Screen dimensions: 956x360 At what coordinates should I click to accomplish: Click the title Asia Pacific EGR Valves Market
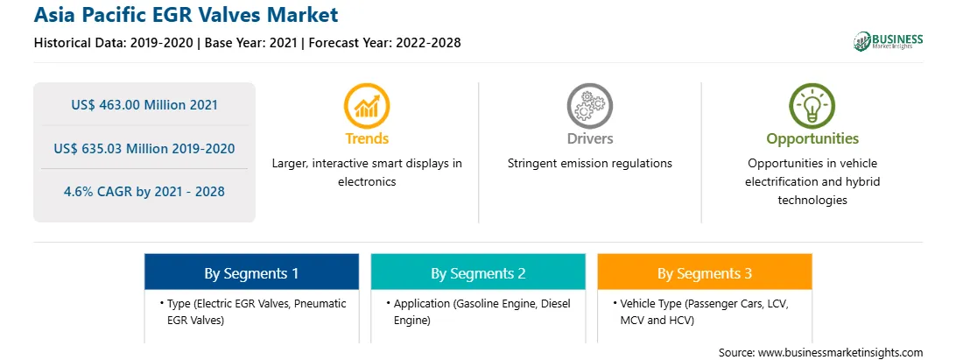[186, 15]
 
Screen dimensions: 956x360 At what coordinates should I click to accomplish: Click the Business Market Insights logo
[888, 41]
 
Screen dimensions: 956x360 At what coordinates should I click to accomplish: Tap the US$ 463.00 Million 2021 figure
[144, 105]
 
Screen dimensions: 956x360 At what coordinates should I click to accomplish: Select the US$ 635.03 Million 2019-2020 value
[144, 148]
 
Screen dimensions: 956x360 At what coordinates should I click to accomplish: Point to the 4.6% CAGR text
[144, 192]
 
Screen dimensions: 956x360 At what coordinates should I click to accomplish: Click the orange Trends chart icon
[367, 105]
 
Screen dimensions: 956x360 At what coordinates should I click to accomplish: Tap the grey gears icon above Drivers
[589, 105]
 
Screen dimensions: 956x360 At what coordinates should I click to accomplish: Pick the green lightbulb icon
[812, 105]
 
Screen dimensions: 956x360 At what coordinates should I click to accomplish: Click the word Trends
[367, 138]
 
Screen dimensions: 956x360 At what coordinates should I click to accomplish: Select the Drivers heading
[589, 138]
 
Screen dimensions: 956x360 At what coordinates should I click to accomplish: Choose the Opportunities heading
[812, 139]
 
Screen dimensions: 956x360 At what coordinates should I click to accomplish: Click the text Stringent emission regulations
[589, 164]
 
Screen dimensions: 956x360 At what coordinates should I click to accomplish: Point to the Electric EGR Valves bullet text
[254, 312]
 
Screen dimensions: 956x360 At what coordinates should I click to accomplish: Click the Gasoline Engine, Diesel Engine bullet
[479, 312]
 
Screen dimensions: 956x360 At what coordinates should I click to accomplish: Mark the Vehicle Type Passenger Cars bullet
[701, 312]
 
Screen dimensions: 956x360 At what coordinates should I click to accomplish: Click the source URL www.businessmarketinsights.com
[840, 352]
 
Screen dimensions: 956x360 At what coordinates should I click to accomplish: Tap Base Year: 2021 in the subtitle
[251, 43]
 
